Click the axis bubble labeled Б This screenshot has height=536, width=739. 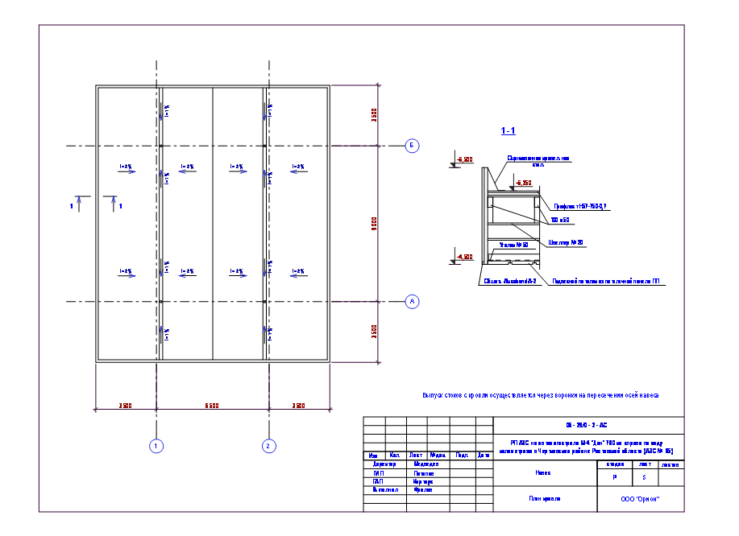(412, 146)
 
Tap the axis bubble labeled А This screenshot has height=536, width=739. (412, 302)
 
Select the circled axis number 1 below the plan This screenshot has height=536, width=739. (157, 445)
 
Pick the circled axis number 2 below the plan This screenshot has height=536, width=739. (269, 445)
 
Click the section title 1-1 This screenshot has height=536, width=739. (508, 130)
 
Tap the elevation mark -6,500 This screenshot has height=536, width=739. (465, 160)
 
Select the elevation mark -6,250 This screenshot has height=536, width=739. (524, 183)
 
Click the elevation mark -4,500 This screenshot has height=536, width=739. (465, 257)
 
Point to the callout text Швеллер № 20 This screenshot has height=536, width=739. (564, 241)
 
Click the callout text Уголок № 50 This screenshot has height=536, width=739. (514, 245)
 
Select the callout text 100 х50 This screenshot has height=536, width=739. (559, 219)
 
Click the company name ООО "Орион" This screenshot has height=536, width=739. (641, 499)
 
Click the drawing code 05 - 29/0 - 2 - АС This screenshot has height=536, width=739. (588, 424)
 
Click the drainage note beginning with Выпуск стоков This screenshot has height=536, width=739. (541, 395)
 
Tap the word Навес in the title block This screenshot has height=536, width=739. (542, 473)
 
